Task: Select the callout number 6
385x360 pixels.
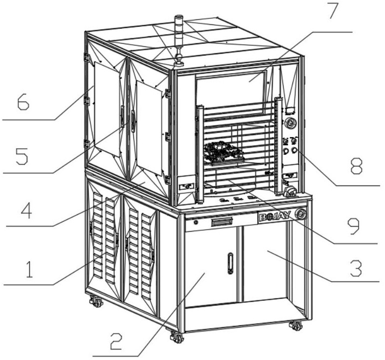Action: [x=23, y=102]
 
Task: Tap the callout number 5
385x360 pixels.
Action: [x=22, y=156]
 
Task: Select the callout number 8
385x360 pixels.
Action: [x=357, y=166]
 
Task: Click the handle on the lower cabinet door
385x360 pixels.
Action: [x=230, y=263]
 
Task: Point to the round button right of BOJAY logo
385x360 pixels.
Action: [x=300, y=213]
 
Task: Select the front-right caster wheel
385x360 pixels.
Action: [x=296, y=326]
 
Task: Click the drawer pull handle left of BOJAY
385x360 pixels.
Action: [x=221, y=222]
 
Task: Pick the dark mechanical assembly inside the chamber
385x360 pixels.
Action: [x=223, y=152]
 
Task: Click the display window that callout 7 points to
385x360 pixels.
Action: [x=231, y=89]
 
